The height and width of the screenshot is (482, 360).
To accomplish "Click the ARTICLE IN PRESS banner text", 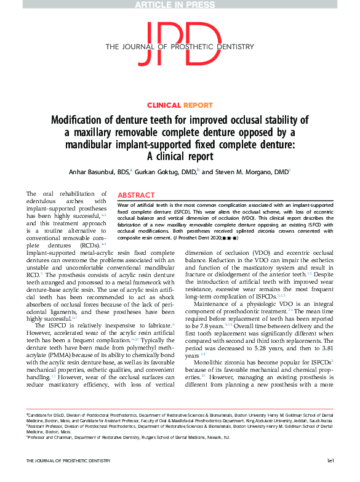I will pos(180,5).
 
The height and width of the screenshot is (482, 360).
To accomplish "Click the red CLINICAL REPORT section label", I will pos(180,105).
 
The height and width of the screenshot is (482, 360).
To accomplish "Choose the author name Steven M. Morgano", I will pos(249,172).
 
